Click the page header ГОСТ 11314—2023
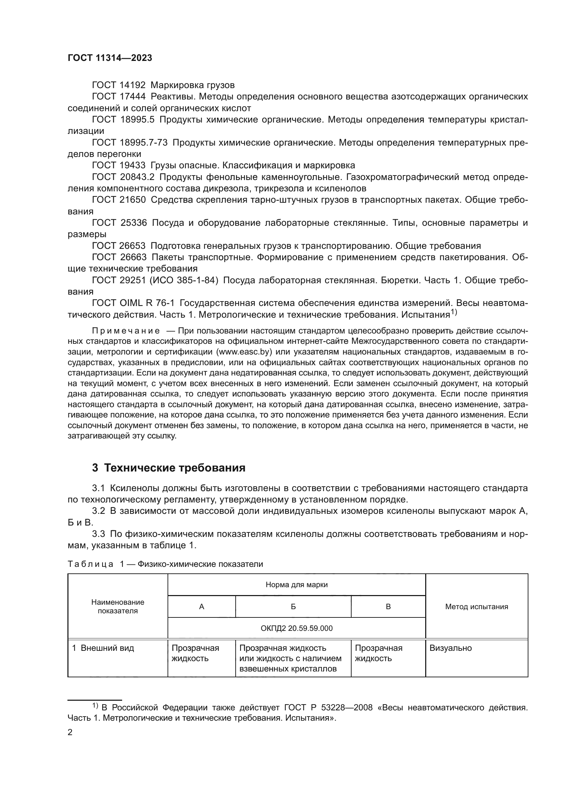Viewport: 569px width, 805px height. coord(110,58)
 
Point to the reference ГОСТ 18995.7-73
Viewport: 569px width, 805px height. coord(130,142)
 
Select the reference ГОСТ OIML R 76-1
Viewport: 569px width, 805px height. coord(133,303)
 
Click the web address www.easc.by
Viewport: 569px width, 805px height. coord(244,352)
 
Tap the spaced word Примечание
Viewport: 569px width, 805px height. coord(126,331)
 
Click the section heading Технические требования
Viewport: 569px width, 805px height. coord(174,468)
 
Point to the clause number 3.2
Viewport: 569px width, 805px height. coord(98,511)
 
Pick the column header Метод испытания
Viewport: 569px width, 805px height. coord(476,606)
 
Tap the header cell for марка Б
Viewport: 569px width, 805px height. coord(293,606)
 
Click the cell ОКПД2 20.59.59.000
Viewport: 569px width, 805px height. coord(297,628)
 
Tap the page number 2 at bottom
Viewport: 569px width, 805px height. coord(70,732)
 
